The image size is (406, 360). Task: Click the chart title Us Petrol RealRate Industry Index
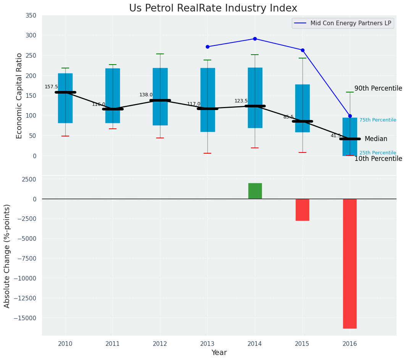click(x=213, y=8)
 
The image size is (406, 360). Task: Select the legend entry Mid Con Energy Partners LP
click(x=351, y=23)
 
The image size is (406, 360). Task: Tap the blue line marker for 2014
click(x=255, y=39)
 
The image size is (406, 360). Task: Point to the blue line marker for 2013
click(x=207, y=47)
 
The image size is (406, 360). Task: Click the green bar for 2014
click(x=255, y=191)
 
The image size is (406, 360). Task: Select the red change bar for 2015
click(x=302, y=209)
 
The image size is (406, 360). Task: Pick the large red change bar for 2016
click(x=349, y=263)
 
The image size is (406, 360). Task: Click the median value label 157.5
click(x=51, y=87)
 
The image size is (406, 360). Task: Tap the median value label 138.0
click(x=146, y=95)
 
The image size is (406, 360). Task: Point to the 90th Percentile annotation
click(x=378, y=89)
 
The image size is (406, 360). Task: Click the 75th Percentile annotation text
click(x=377, y=120)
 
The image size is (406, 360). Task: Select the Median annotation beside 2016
click(x=375, y=139)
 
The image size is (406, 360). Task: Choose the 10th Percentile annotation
click(x=378, y=159)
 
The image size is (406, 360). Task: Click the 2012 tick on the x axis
click(x=160, y=344)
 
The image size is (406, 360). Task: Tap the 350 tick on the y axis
click(x=31, y=16)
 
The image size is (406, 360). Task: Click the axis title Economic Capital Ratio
click(x=19, y=96)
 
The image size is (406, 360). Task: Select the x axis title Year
click(x=219, y=353)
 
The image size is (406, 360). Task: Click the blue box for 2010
click(x=65, y=98)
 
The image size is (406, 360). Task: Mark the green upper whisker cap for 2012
click(x=160, y=54)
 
